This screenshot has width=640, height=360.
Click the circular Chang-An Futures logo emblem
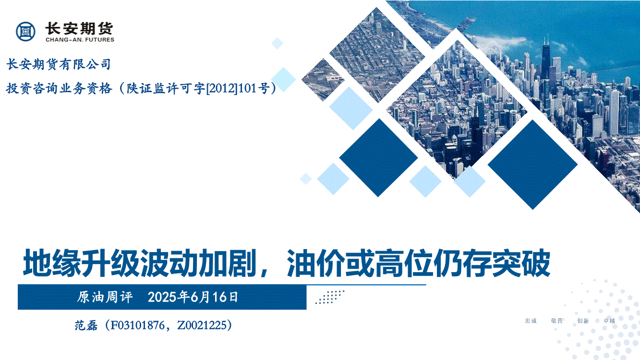26,31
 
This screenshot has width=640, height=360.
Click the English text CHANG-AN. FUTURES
80,40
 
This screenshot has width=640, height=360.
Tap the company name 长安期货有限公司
59,64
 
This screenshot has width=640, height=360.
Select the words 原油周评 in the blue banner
105,297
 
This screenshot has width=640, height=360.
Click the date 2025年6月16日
193,297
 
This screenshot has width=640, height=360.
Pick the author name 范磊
86,325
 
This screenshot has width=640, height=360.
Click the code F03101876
137,325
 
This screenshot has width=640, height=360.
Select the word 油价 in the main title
315,263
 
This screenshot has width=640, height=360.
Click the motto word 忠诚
531,321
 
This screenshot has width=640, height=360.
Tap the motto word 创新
583,321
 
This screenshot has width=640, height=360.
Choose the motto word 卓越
609,321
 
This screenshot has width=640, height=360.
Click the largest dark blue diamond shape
532,165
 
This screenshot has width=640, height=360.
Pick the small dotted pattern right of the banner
330,297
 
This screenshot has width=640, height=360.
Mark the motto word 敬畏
557,321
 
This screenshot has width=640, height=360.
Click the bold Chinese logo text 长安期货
79,29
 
